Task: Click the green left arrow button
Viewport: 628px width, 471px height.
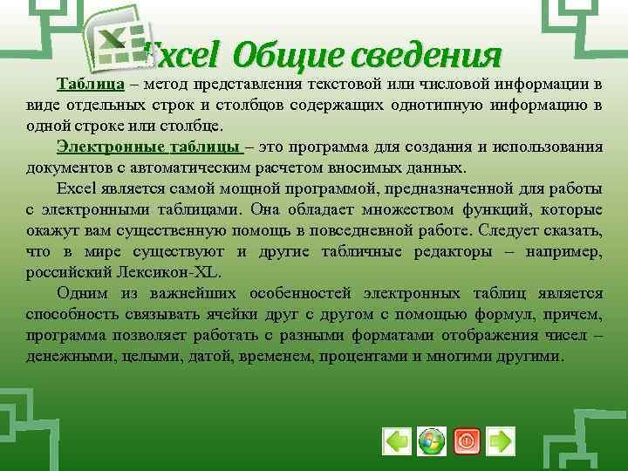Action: coord(397,441)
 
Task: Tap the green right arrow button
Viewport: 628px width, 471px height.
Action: coord(500,441)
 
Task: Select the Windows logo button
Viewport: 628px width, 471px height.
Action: coord(431,441)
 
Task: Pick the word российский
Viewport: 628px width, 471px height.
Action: coord(65,272)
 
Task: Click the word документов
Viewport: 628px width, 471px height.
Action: coord(60,167)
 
